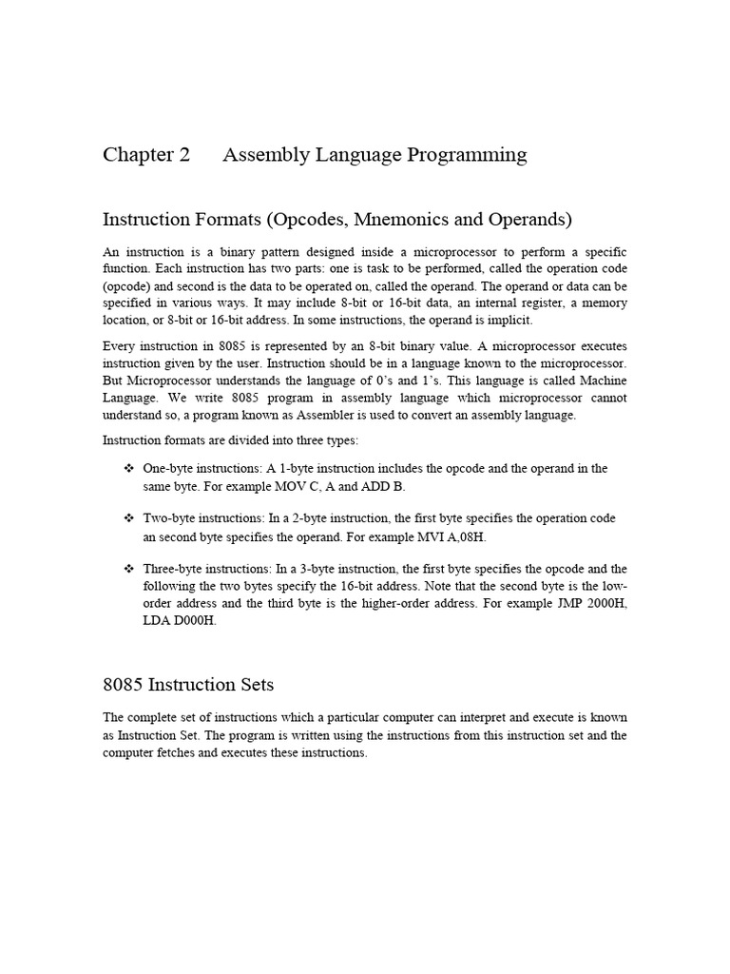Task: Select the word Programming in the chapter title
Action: [x=469, y=155]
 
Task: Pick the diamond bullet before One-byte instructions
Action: [x=129, y=469]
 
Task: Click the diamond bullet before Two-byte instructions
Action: [x=129, y=518]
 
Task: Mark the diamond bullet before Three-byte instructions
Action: [x=129, y=569]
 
